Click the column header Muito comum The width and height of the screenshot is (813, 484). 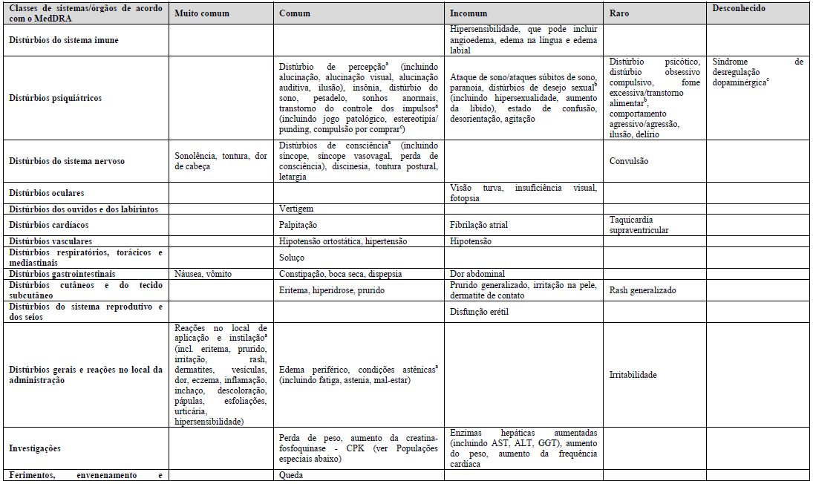[x=202, y=13]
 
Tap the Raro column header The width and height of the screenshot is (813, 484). [x=620, y=13]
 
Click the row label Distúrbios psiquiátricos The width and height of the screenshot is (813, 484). [x=56, y=97]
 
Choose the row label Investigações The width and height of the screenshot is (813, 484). [x=36, y=448]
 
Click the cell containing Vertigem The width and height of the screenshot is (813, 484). [x=296, y=209]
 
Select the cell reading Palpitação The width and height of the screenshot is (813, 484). [x=298, y=225]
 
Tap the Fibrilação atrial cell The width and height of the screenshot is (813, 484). [x=479, y=225]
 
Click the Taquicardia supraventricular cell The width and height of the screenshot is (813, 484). [x=639, y=225]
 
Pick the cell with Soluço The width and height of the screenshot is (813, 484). [x=292, y=258]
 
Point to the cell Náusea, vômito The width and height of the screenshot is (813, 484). [x=202, y=274]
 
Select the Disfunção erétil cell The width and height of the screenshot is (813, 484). [x=478, y=312]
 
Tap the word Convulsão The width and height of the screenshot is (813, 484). [x=629, y=160]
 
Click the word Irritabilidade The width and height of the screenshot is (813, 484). [x=633, y=375]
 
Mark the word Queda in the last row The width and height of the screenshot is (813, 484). [x=291, y=475]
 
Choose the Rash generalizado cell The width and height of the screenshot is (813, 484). [x=642, y=290]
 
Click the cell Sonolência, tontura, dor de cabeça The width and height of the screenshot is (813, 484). [x=220, y=161]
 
